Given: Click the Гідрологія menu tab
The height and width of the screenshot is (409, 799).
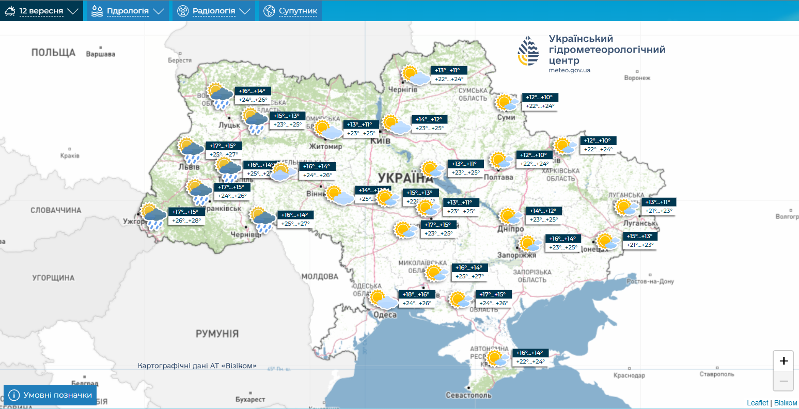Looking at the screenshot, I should [x=128, y=11].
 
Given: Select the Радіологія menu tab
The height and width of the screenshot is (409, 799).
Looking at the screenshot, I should [x=213, y=11].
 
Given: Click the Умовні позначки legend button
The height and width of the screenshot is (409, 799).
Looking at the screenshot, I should [x=50, y=395].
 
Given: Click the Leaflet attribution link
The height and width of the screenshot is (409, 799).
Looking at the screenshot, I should [x=757, y=403].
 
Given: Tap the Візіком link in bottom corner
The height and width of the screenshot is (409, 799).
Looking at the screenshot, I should [x=786, y=403].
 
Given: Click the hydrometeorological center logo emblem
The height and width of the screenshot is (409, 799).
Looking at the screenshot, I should [x=528, y=51].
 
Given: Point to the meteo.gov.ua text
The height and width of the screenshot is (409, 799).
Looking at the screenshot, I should [x=569, y=70].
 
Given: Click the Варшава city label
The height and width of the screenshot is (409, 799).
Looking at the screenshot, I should [x=101, y=54].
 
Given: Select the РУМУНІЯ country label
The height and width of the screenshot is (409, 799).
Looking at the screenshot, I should [x=217, y=334].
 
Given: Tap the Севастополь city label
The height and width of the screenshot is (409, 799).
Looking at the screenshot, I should [x=468, y=395].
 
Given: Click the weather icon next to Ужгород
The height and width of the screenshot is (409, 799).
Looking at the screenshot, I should [x=153, y=216].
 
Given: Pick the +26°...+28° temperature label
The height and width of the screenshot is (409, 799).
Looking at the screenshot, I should [x=186, y=221].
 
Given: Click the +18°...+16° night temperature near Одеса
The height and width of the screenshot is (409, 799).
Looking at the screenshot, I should [x=416, y=294].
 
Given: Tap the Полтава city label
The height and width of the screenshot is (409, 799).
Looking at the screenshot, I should [x=498, y=177].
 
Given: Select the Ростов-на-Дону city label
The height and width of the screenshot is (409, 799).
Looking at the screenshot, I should [x=650, y=281].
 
